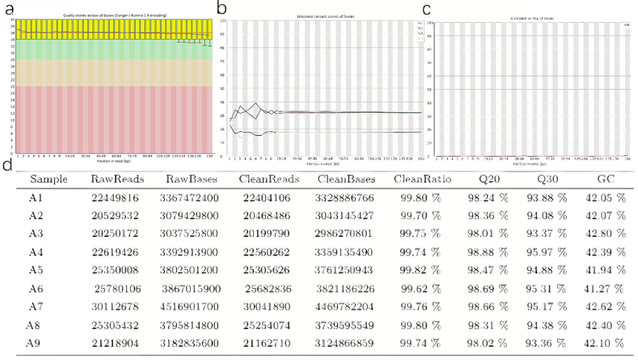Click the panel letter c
click(x=426, y=9)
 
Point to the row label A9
click(x=33, y=342)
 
